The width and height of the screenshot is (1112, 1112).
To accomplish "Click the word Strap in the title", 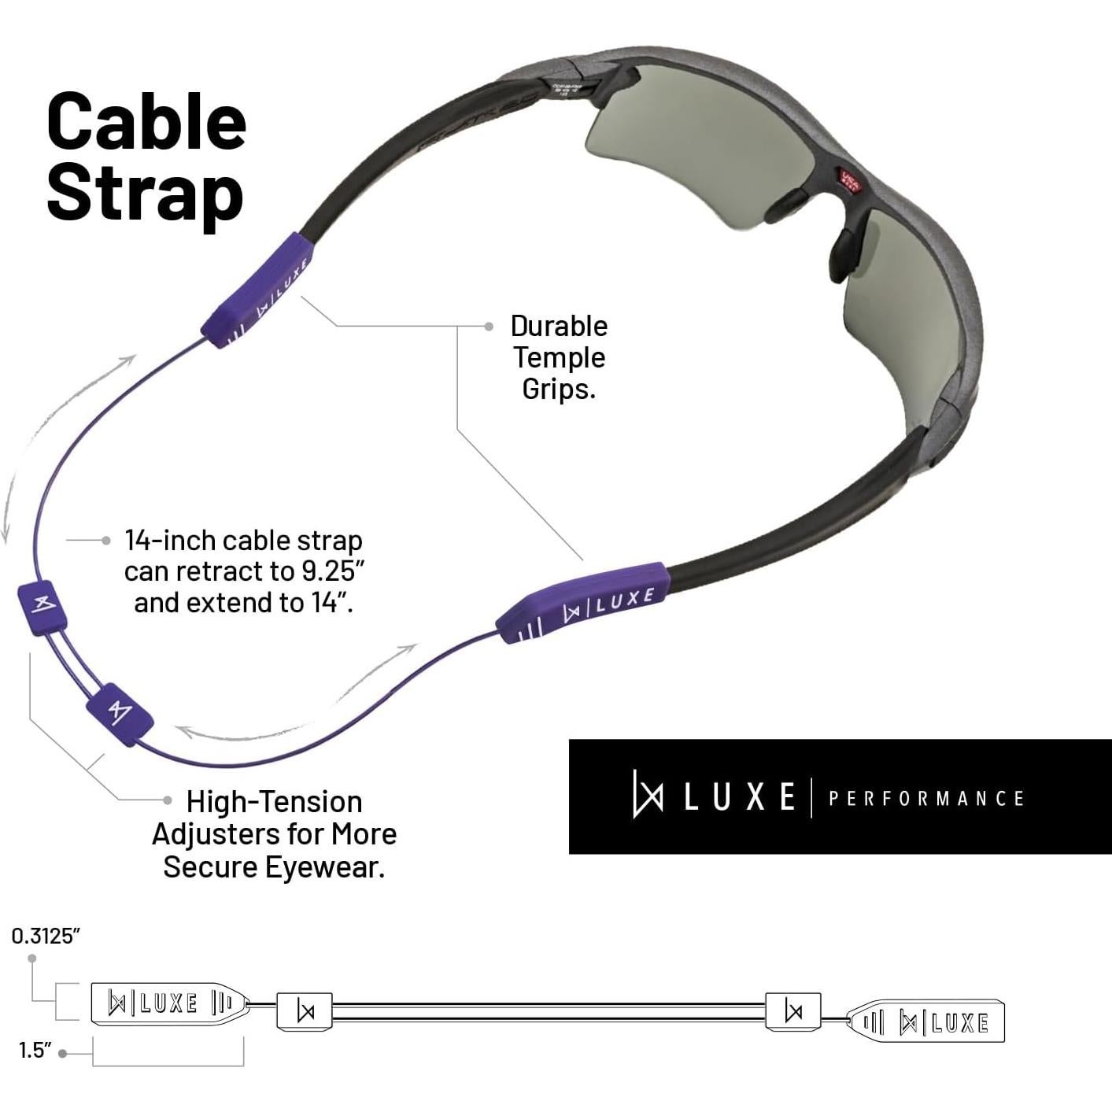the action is click(145, 194).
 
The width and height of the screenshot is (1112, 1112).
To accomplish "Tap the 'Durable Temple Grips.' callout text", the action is click(558, 357).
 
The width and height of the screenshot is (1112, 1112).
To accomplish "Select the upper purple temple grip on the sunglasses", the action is click(258, 290).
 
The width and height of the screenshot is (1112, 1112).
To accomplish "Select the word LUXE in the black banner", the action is click(739, 797).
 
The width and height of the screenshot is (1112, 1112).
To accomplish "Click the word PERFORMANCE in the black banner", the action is click(925, 799).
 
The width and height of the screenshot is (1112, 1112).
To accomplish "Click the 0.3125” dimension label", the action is click(46, 936).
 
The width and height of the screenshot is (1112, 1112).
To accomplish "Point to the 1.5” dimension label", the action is click(35, 1050).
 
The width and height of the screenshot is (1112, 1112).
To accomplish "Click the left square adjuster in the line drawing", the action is click(305, 1011).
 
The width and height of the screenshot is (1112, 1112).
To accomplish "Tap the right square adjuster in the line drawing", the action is click(793, 1010).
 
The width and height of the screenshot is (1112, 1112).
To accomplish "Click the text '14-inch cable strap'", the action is click(244, 541).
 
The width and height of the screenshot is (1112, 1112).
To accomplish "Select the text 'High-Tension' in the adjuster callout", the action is click(274, 802).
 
